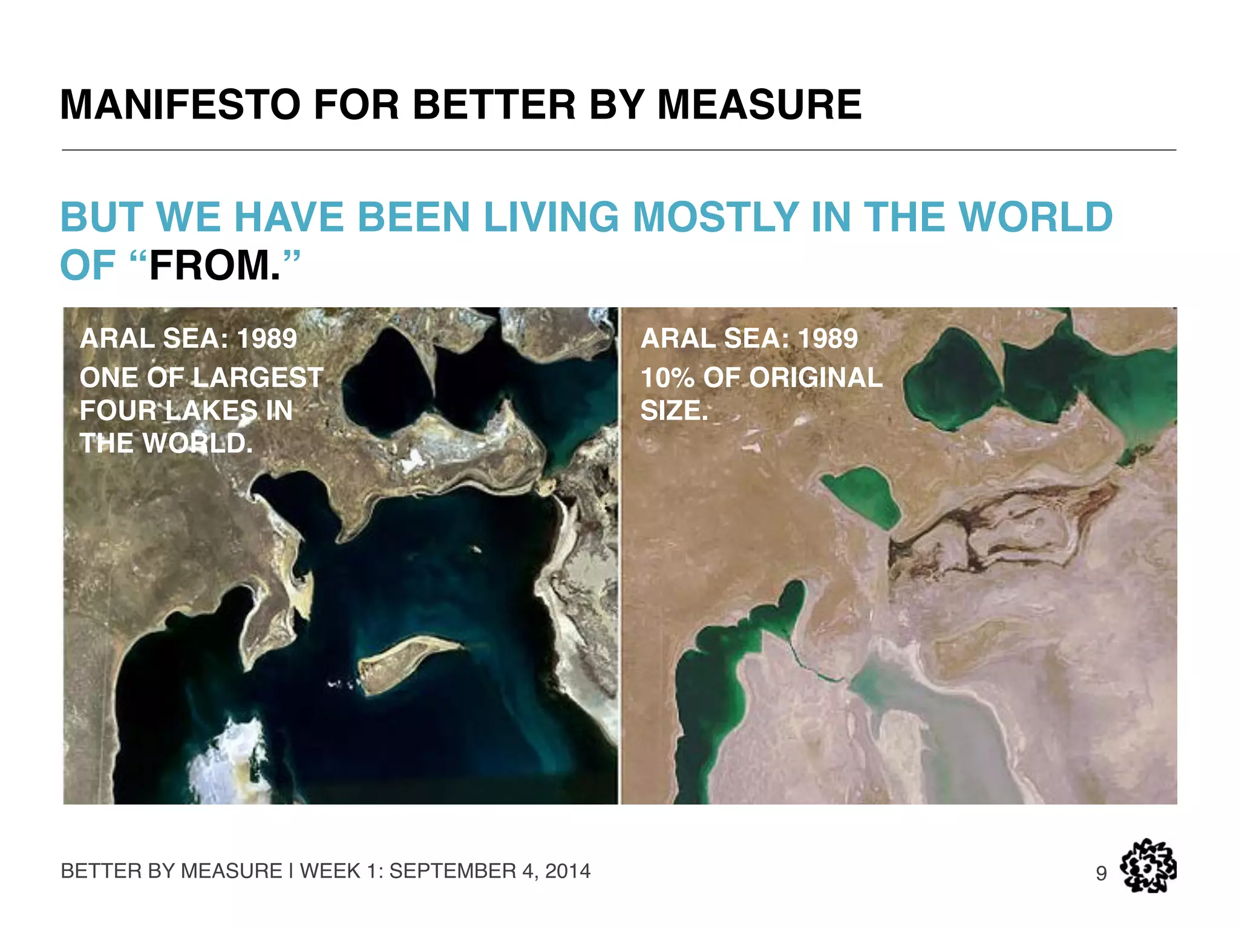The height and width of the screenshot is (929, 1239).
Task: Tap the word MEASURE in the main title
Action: (x=759, y=105)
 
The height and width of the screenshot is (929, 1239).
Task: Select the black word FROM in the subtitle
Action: (x=215, y=266)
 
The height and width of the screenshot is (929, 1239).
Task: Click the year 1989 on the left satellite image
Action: (x=266, y=339)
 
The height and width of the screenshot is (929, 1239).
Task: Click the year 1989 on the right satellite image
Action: (x=827, y=339)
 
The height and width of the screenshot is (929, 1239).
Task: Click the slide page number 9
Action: (x=1102, y=873)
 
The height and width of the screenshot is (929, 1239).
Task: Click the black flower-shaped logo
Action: (x=1148, y=866)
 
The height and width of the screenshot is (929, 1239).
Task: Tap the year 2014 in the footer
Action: (x=567, y=871)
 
